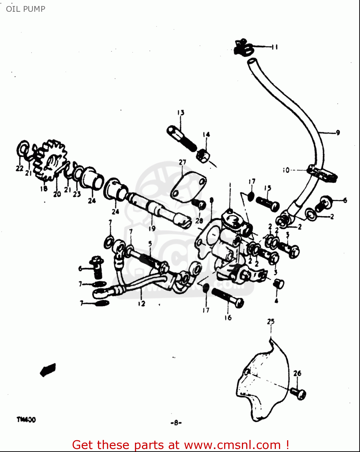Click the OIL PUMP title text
(26, 9)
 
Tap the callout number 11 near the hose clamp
(274, 47)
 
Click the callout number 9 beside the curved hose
(338, 133)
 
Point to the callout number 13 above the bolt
(180, 113)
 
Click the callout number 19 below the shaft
(152, 228)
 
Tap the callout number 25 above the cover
(271, 322)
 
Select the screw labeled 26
(298, 393)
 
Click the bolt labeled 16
(228, 298)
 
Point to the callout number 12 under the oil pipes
(142, 304)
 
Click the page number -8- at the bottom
(176, 422)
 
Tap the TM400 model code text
(26, 419)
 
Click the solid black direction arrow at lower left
(48, 370)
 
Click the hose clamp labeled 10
(322, 174)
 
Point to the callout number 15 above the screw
(268, 188)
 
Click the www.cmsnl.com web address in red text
(232, 445)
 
